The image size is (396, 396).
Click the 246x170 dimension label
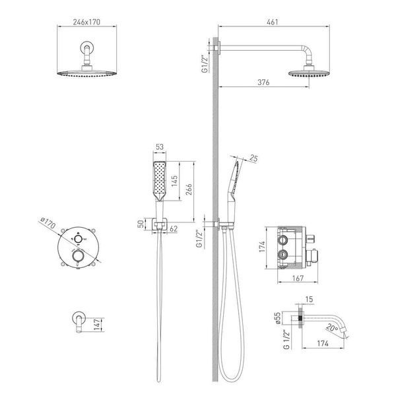click(x=86, y=22)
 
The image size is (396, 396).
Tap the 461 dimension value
click(x=273, y=22)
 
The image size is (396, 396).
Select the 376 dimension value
click(x=263, y=82)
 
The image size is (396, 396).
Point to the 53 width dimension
click(x=160, y=147)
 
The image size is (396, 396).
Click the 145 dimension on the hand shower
click(x=174, y=181)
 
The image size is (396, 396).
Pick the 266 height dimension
click(x=189, y=189)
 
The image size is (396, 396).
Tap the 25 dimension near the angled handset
click(x=253, y=158)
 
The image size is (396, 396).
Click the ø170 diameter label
click(x=48, y=223)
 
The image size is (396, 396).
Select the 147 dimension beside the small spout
click(x=97, y=324)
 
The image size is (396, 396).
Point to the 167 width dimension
click(x=298, y=278)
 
